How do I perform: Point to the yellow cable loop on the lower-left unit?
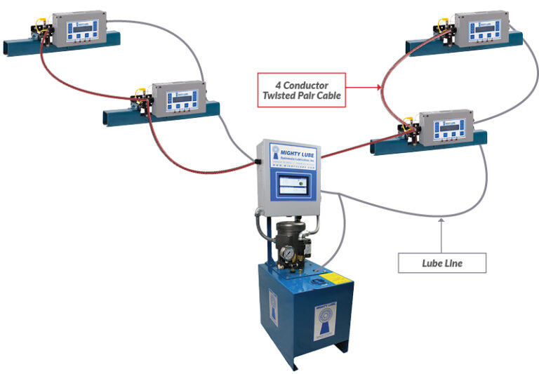[140, 91]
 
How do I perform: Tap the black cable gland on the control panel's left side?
[258, 161]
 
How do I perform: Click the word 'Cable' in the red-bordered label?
[326, 95]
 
